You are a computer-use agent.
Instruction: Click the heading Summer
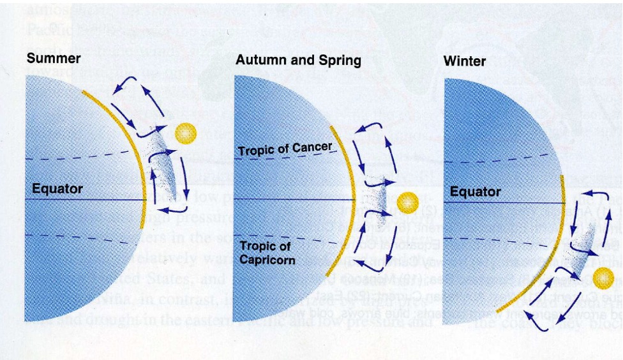pyautogui.click(x=54, y=59)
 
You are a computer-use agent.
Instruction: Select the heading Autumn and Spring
pyautogui.click(x=298, y=61)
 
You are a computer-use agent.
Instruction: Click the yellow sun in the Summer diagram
pyautogui.click(x=185, y=133)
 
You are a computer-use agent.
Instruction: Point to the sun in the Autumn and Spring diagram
pyautogui.click(x=407, y=203)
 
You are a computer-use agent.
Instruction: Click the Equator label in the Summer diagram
pyautogui.click(x=57, y=189)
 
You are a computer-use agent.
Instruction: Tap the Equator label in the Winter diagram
pyautogui.click(x=476, y=191)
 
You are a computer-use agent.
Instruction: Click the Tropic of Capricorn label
pyautogui.click(x=266, y=253)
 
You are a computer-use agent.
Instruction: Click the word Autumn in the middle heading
pyautogui.click(x=260, y=61)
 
